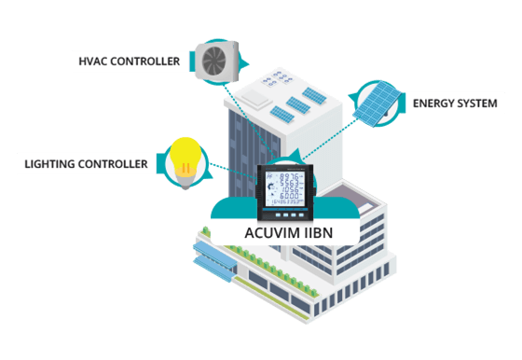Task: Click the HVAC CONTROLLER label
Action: [x=127, y=62]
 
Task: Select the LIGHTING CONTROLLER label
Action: [x=85, y=164]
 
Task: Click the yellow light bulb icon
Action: [x=184, y=159]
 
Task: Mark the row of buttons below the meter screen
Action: [x=289, y=211]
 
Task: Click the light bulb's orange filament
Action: [x=185, y=167]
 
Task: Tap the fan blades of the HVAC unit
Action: [x=213, y=59]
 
